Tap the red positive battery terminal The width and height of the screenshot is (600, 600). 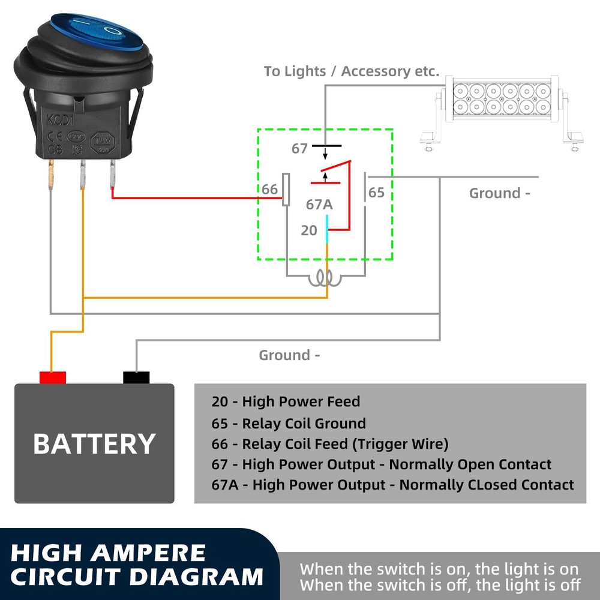click(x=52, y=377)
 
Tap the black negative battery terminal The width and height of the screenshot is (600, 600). click(x=136, y=377)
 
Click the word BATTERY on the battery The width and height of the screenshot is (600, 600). click(x=94, y=444)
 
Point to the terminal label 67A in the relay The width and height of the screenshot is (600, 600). click(x=319, y=205)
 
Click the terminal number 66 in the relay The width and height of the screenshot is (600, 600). click(x=269, y=190)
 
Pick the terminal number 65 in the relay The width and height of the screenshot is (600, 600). click(x=376, y=193)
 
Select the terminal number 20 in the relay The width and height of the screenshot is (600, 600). click(x=308, y=230)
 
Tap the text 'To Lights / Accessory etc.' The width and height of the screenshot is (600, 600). click(x=352, y=71)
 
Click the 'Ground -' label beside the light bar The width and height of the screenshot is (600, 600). click(x=500, y=193)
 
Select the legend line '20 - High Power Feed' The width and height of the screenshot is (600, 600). click(x=286, y=402)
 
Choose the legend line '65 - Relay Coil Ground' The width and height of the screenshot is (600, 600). click(x=289, y=424)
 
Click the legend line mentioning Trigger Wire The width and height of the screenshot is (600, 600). click(x=330, y=444)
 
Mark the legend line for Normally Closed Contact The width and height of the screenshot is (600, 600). click(x=392, y=485)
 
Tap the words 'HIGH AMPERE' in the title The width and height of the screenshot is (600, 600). click(x=108, y=552)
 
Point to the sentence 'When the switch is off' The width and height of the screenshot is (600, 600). click(x=440, y=584)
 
